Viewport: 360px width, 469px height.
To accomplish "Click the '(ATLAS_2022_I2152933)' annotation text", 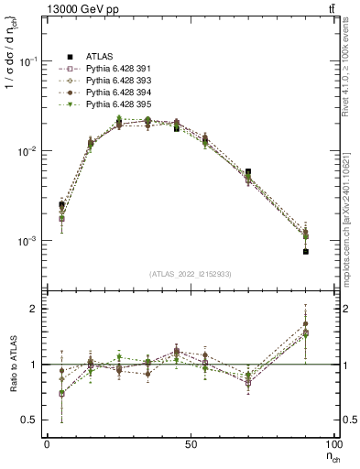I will (190, 274).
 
